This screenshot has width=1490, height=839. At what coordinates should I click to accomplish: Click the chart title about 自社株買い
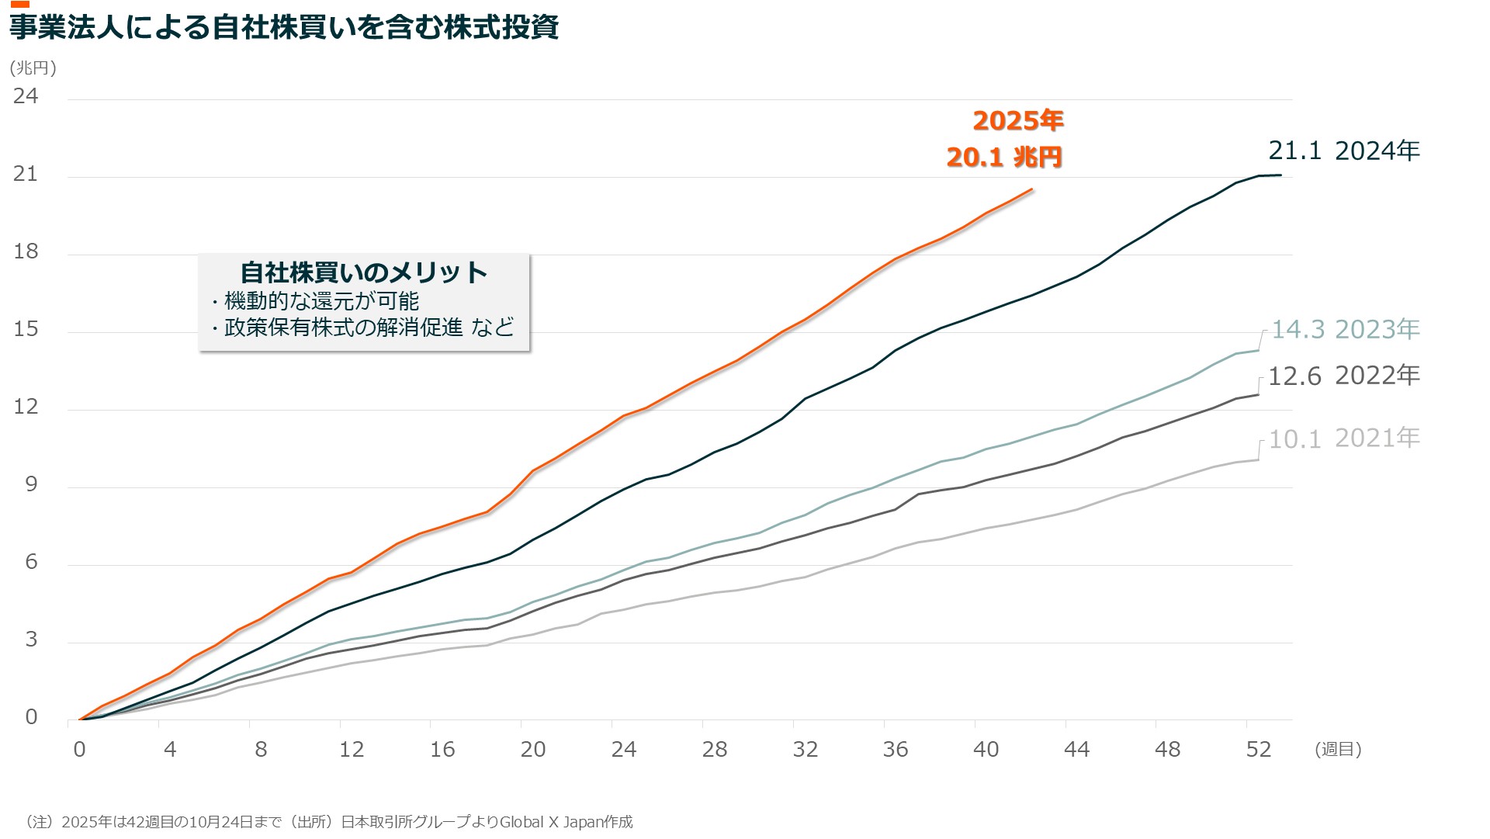[x=284, y=28]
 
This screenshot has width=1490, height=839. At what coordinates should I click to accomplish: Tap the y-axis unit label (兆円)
[x=33, y=68]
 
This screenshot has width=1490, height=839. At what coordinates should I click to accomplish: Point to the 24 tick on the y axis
[x=26, y=96]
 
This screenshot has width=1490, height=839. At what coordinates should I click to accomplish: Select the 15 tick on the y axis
[x=26, y=329]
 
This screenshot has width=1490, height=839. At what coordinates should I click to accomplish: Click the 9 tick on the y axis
[x=31, y=484]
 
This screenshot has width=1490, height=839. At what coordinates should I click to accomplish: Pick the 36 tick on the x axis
[x=896, y=749]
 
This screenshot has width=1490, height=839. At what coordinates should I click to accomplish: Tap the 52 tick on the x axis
[x=1258, y=749]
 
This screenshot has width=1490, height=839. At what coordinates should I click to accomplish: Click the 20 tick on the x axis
[x=533, y=749]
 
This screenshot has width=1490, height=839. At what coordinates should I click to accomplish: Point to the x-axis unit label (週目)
[x=1338, y=749]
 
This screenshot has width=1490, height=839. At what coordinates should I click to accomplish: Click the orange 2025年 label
[x=1017, y=121]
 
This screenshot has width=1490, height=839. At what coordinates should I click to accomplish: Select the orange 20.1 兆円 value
[x=1004, y=158]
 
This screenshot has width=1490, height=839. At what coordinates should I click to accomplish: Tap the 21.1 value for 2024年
[x=1294, y=151]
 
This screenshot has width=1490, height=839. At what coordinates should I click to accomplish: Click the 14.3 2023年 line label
[x=1345, y=329]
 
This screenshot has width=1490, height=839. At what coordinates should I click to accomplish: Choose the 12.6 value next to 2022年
[x=1294, y=376]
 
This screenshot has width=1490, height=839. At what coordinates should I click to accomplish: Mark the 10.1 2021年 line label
[x=1345, y=439]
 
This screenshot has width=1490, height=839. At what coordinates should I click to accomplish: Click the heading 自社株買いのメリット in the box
[x=364, y=272]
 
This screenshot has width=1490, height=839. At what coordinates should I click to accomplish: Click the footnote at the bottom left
[x=329, y=822]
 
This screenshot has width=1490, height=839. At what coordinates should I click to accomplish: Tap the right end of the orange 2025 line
[x=1032, y=189]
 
